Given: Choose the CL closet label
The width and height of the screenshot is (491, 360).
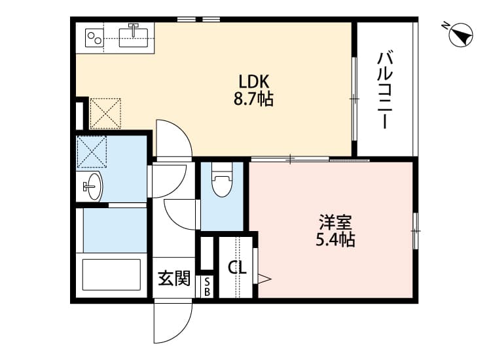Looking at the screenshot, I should [236, 268].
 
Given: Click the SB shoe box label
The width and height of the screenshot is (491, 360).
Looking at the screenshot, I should [207, 287].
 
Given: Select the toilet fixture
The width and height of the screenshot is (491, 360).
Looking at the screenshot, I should [223, 183].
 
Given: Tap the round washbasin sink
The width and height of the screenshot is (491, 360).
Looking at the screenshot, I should [94, 187].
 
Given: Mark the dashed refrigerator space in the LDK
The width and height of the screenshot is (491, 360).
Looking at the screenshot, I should [105, 113].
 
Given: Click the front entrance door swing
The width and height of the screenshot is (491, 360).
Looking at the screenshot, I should [172, 321].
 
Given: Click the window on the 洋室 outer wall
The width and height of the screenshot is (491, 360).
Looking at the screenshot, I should [415, 230].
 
